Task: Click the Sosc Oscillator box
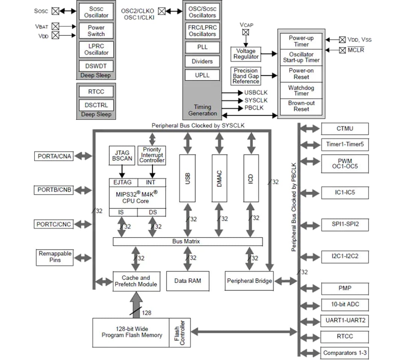96,12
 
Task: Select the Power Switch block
96,31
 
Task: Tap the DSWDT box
96,66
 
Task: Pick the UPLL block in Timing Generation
202,75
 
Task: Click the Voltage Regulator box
246,54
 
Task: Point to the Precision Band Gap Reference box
246,76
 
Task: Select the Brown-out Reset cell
301,106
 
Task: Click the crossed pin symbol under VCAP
245,32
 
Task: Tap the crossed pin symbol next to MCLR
342,50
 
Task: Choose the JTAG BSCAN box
122,155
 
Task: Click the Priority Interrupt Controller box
152,155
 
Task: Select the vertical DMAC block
220,178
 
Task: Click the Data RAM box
188,281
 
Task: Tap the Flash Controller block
180,333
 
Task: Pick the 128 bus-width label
147,312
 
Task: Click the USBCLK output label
256,92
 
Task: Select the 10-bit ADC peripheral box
345,304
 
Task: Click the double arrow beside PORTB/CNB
83,190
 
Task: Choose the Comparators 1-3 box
345,353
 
